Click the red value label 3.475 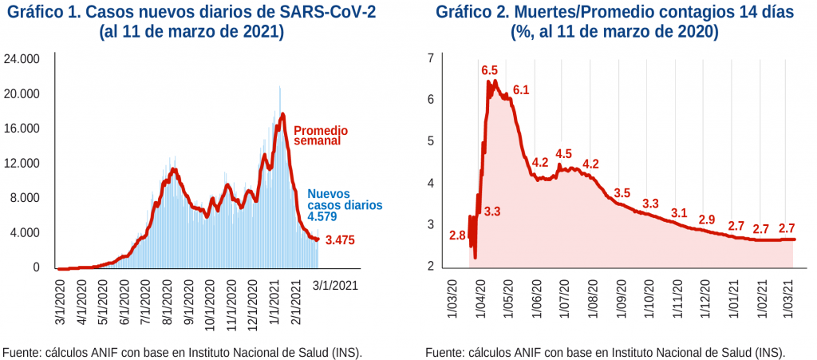click(x=339, y=239)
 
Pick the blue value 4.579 click(x=323, y=216)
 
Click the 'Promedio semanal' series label click(x=321, y=135)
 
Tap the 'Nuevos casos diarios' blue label click(x=344, y=199)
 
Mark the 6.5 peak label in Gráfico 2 click(x=489, y=70)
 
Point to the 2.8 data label click(x=457, y=235)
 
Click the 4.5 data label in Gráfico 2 click(x=563, y=154)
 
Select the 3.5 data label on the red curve click(x=622, y=193)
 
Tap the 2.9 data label click(x=706, y=220)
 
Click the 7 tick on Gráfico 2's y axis click(x=430, y=58)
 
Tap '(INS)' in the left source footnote click(x=343, y=352)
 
